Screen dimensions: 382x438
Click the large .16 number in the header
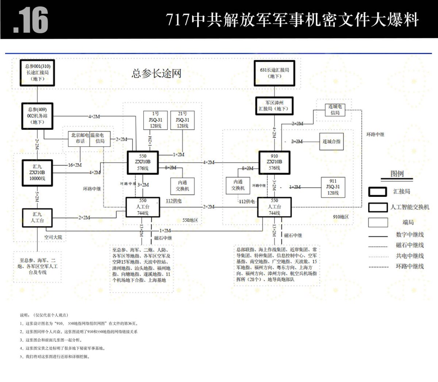31,20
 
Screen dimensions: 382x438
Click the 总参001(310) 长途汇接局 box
37,73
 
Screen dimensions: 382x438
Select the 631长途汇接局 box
274,73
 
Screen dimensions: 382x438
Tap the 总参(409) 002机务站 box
37,116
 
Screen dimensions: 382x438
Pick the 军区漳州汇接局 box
274,106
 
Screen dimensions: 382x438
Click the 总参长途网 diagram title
156,73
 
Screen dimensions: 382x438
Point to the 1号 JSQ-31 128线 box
155,120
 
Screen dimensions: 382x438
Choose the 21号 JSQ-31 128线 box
182,120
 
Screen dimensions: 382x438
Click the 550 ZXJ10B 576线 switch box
143,162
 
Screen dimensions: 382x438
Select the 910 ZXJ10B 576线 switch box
274,162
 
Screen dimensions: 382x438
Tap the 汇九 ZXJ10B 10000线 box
37,172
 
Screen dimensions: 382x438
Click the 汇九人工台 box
37,218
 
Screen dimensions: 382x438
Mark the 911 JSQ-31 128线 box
333,187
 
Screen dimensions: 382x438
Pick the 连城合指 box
331,141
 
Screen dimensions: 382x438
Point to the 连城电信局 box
335,110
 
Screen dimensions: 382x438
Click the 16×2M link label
75,165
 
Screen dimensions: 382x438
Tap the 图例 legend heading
397,173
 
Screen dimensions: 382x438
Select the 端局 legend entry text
408,222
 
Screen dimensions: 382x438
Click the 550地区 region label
190,220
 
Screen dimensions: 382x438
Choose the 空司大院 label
53,237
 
